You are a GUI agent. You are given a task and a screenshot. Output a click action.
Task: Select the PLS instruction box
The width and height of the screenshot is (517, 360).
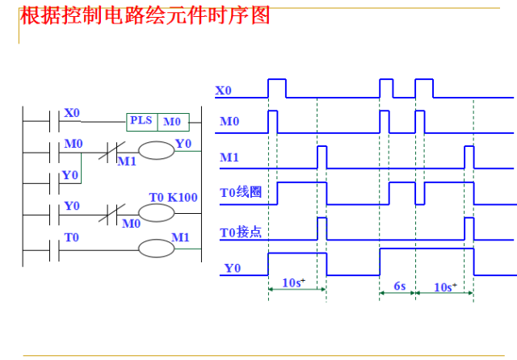click(141, 121)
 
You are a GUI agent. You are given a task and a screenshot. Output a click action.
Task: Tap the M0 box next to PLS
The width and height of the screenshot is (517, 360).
click(173, 121)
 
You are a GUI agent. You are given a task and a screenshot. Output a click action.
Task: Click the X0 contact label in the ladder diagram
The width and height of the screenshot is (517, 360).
click(72, 113)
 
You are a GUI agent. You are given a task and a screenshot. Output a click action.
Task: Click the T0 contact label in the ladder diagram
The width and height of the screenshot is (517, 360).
click(72, 237)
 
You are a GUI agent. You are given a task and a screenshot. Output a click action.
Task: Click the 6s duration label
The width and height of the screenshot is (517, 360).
click(398, 285)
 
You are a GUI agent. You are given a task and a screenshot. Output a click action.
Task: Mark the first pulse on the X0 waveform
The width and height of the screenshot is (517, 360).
click(276, 88)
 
